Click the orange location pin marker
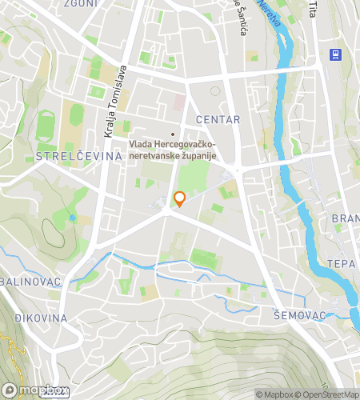[x=180, y=199]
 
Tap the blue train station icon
[x=334, y=54]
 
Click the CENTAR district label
[x=223, y=119]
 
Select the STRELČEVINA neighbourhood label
[x=78, y=156]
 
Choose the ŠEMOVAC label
[x=299, y=315]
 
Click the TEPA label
[x=341, y=263]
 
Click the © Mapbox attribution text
[x=274, y=394]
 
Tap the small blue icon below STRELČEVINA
[x=73, y=217]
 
